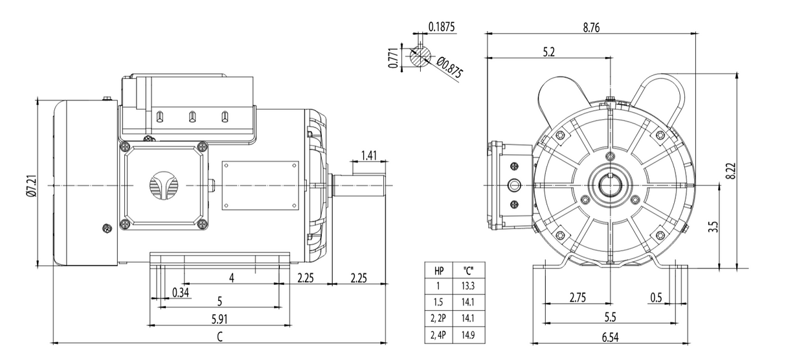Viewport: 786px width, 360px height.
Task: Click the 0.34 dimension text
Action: pos(182,293)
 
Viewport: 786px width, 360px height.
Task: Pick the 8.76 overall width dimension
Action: pos(589,27)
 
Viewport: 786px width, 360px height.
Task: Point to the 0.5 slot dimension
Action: pos(656,297)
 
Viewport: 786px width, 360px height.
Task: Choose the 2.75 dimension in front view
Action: pos(578,297)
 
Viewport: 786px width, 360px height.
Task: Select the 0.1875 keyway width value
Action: pos(442,27)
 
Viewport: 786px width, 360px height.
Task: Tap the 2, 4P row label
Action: pos(438,334)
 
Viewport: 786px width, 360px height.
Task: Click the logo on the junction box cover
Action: pos(163,186)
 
